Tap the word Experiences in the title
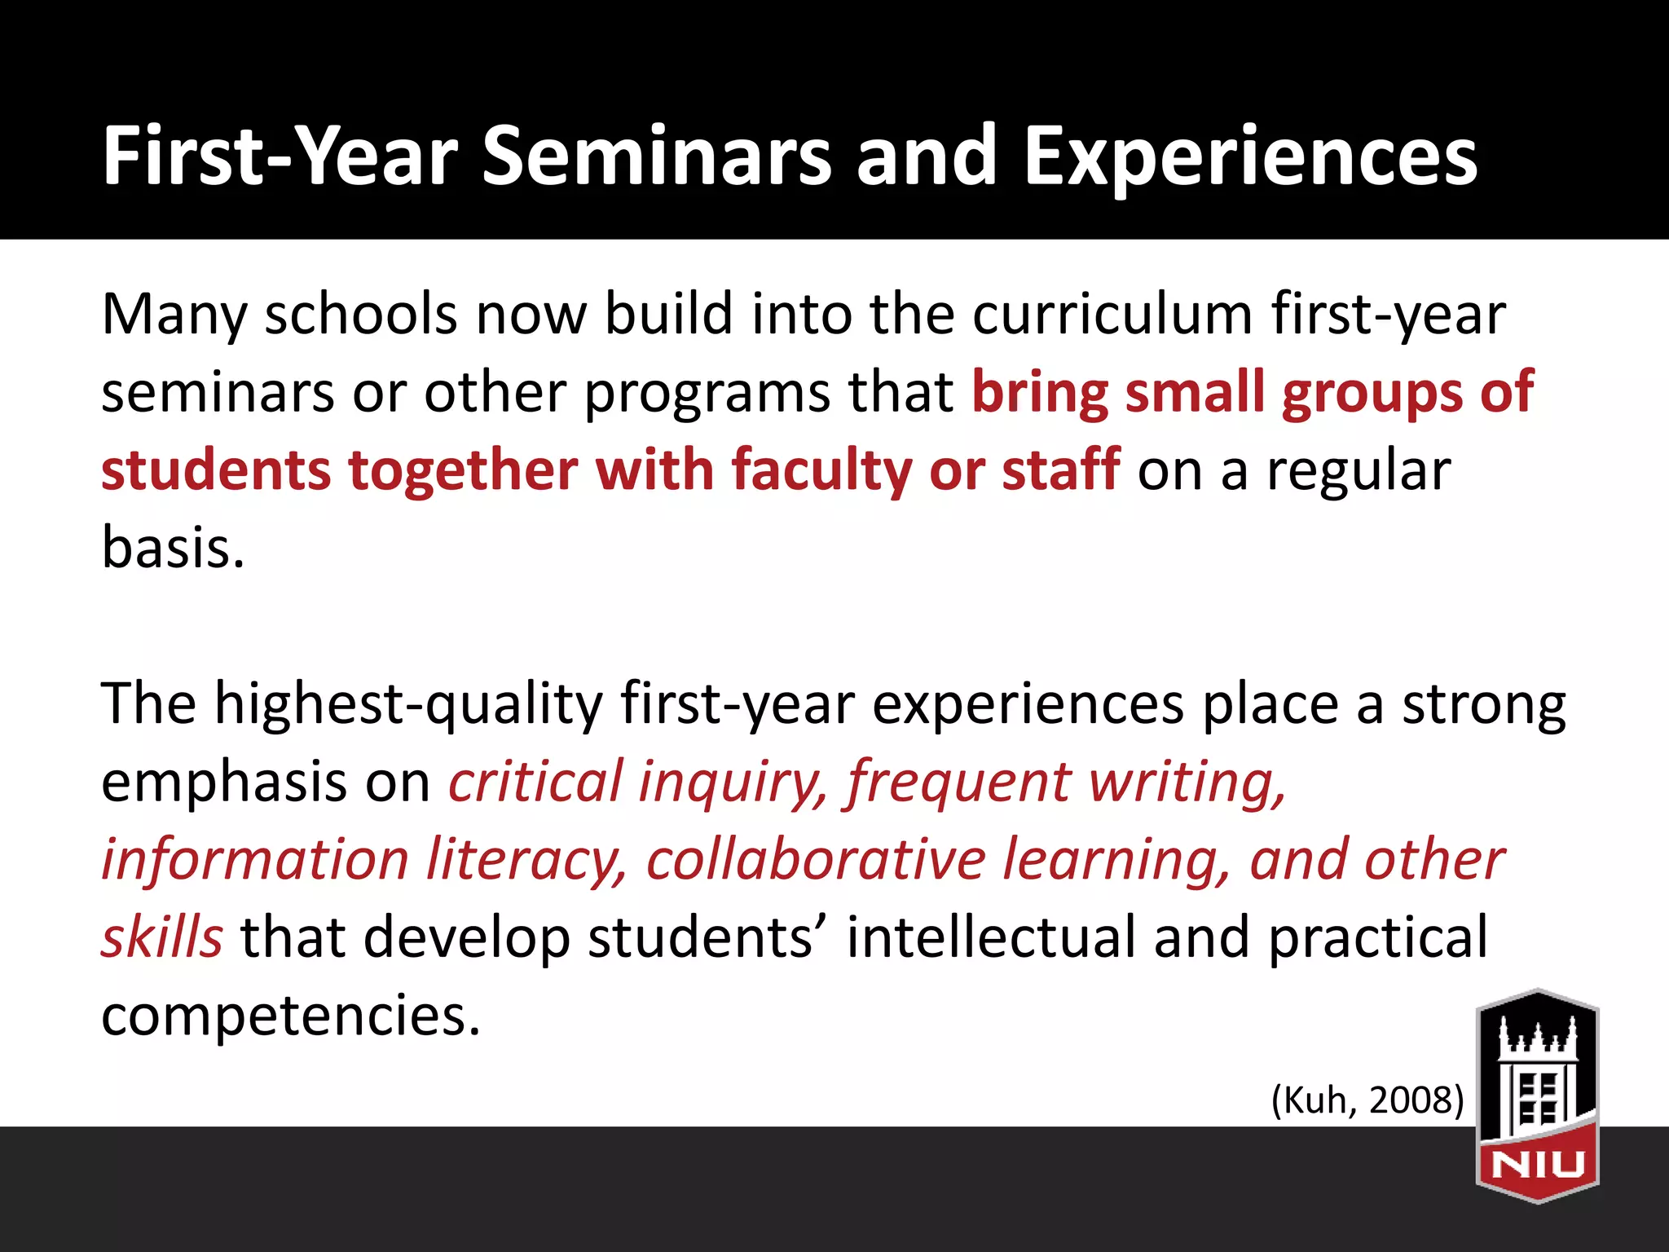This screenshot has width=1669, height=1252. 1250,156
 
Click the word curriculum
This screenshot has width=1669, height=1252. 1112,315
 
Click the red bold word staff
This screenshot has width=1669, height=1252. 1060,470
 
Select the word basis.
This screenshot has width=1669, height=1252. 173,548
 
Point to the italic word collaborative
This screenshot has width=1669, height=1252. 816,861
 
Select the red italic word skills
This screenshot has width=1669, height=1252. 161,938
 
